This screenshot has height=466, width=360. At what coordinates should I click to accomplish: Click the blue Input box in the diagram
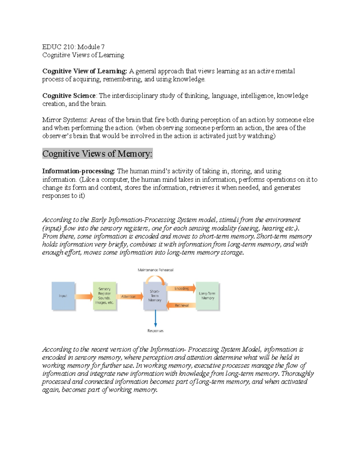click(x=63, y=296)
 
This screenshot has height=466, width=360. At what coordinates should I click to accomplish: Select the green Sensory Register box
click(x=104, y=296)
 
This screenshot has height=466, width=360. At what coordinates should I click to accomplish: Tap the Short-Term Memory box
click(x=155, y=296)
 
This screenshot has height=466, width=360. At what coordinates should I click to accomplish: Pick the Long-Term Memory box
click(x=208, y=296)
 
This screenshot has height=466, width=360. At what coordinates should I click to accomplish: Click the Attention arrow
click(x=129, y=296)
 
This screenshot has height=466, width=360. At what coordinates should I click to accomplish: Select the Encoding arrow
click(x=181, y=288)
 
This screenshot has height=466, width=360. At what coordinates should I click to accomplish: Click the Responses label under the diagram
click(x=155, y=331)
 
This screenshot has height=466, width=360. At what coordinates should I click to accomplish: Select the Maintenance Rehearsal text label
click(x=155, y=270)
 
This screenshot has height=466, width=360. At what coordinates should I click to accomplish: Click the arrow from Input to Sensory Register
click(x=84, y=296)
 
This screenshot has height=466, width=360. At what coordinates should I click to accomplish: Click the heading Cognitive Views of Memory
click(x=97, y=154)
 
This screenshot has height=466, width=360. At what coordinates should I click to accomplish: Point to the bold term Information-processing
click(x=78, y=171)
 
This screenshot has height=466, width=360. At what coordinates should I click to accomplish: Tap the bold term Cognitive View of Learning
click(x=85, y=71)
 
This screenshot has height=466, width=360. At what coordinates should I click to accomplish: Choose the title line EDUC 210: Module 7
click(x=73, y=47)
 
